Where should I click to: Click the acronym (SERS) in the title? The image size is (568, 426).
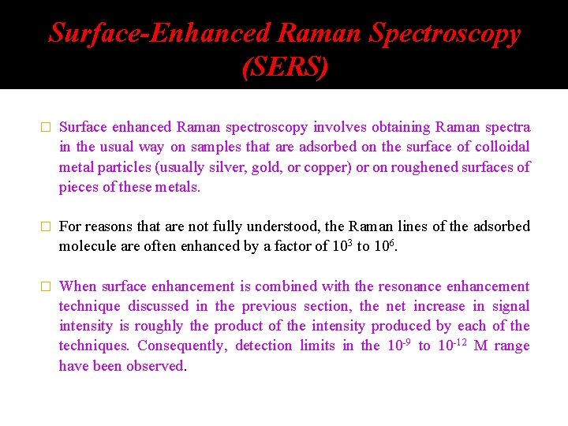(x=284, y=68)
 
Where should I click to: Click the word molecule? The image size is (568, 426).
(x=88, y=246)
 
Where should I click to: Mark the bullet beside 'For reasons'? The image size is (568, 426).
(x=45, y=227)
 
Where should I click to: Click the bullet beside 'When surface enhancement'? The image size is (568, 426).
(x=45, y=287)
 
